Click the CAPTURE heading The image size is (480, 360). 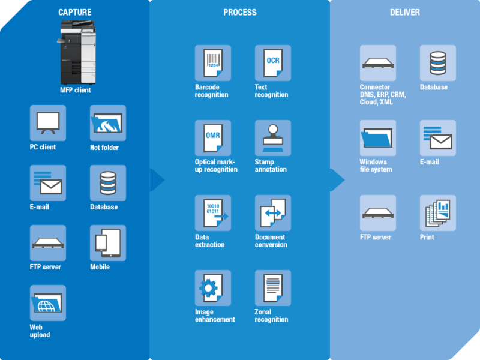74,13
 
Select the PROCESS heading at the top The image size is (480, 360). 239,13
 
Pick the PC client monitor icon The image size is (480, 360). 48,123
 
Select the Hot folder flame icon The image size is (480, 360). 108,123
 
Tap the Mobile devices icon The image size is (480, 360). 108,243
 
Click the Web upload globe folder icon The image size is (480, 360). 48,303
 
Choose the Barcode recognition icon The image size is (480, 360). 213,63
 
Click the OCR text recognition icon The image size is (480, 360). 273,63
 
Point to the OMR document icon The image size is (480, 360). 213,138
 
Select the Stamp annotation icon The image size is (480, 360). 273,138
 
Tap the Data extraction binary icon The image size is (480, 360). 213,213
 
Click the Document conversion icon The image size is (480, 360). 273,213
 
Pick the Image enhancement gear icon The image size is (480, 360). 213,288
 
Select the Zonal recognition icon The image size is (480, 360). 273,288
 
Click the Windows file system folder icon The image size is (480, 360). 378,138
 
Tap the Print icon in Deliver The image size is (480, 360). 438,213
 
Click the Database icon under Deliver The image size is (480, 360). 438,63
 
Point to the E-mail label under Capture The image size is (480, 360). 40,207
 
